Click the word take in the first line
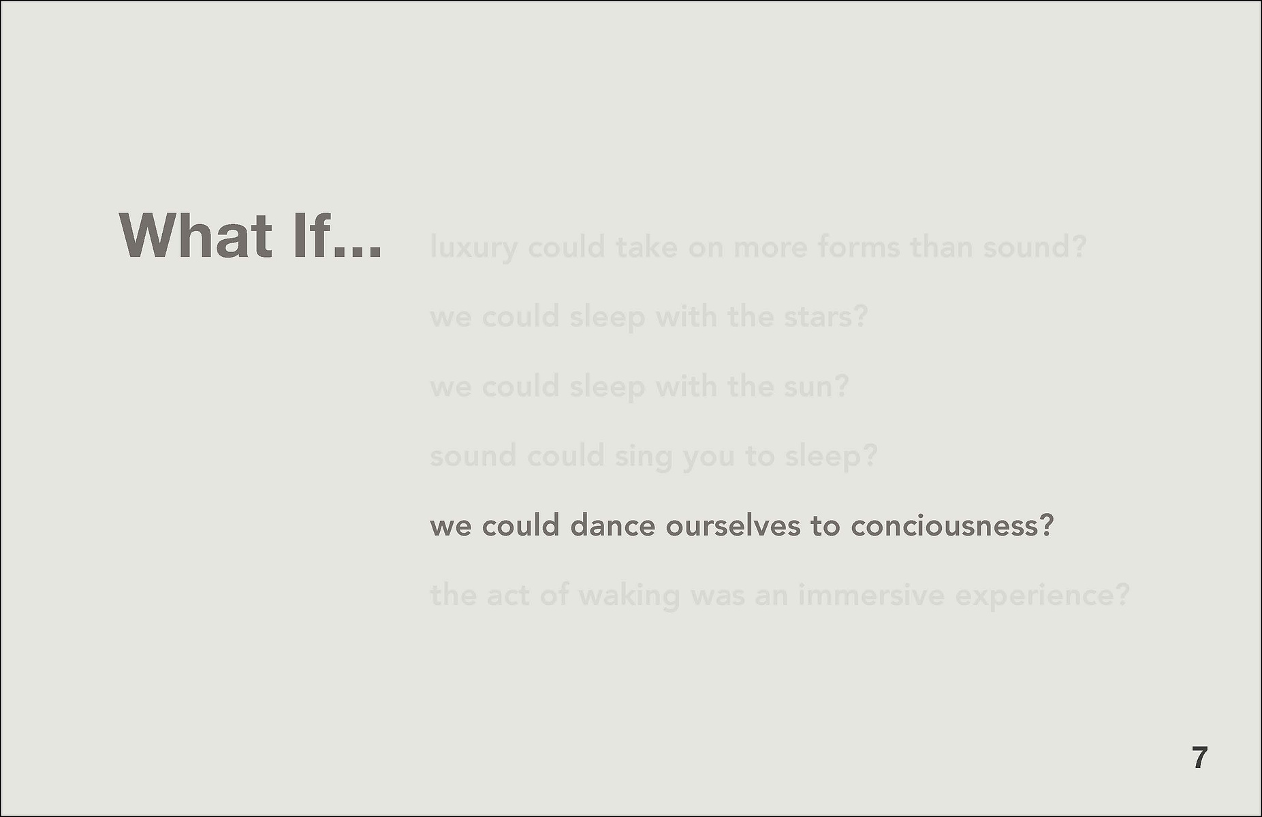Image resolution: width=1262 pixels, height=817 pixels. [x=647, y=246]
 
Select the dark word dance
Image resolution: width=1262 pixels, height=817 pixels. [x=612, y=526]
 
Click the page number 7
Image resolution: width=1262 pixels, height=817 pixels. [x=1200, y=758]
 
